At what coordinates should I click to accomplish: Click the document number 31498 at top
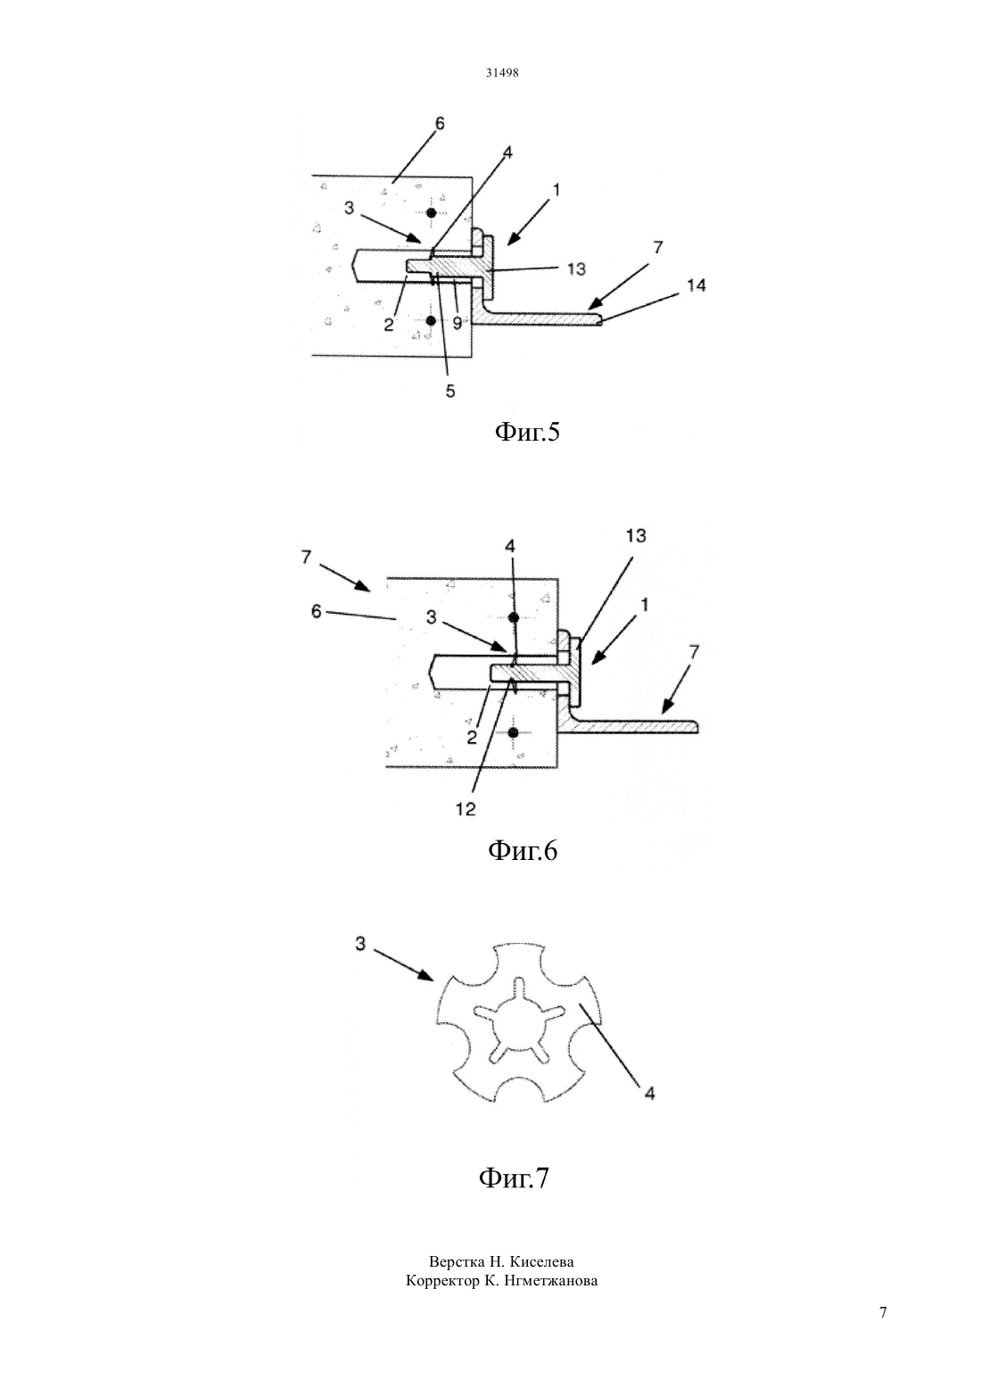pos(501,73)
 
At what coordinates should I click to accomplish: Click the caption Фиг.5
pos(526,432)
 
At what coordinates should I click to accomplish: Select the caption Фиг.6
pos(523,851)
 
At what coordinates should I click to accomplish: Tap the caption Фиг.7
pos(514,1178)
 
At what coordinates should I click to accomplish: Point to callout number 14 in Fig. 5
pos(697,285)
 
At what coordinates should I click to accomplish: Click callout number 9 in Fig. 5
pos(457,322)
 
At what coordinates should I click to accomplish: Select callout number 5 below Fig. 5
pos(450,391)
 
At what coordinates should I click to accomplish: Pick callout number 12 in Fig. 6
pos(466,809)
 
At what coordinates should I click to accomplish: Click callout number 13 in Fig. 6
pos(636,535)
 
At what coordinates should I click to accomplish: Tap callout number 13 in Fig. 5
pos(575,269)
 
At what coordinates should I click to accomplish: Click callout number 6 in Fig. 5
pos(439,123)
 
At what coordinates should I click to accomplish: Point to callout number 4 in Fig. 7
pos(649,1094)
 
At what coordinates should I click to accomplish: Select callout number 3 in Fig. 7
pos(360,944)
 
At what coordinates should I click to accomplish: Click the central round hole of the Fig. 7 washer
pos(519,1029)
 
